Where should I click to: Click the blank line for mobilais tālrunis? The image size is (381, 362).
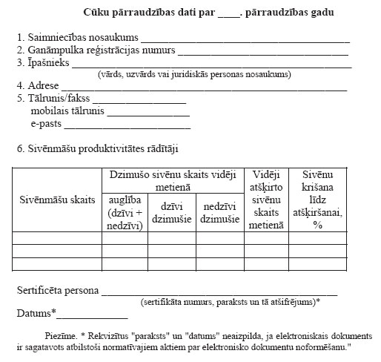[x=148, y=116]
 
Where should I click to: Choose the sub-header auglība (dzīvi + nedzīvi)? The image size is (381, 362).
[x=124, y=213]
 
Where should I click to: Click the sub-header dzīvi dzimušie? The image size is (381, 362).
[x=171, y=213]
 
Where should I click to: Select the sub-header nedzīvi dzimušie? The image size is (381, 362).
[x=219, y=213]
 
